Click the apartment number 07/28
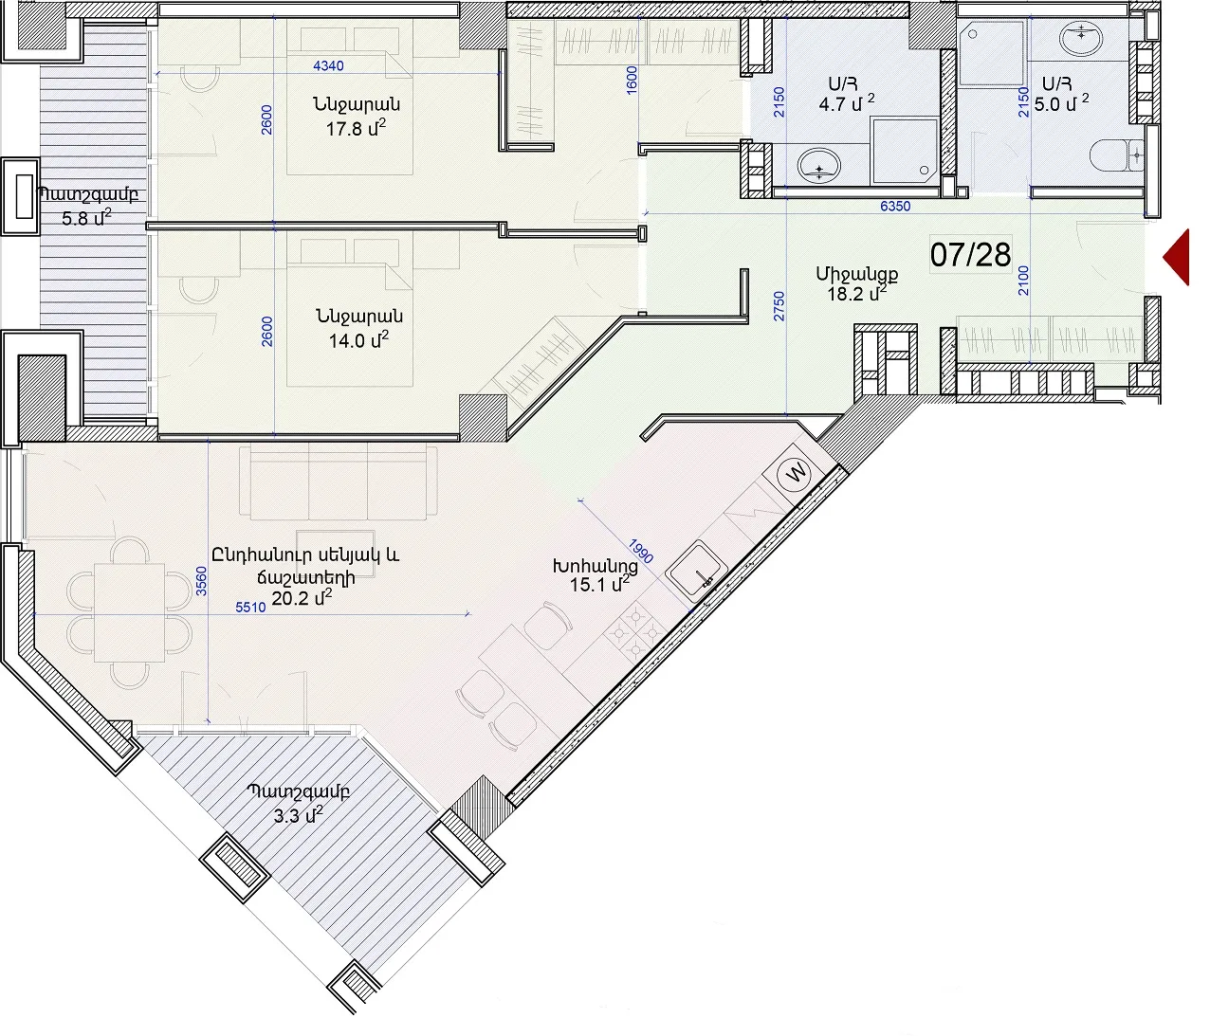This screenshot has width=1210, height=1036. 971,255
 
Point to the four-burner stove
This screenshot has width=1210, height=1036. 634,632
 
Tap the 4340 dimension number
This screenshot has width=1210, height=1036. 328,65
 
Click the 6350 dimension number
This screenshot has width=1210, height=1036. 895,206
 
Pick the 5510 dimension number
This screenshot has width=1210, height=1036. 250,608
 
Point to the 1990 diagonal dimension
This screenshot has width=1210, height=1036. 640,551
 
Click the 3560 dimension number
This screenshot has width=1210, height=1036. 201,581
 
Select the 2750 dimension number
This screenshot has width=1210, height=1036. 779,306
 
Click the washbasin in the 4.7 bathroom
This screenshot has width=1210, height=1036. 819,165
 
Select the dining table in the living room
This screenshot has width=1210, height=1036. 129,612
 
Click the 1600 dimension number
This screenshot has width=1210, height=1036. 631,81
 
